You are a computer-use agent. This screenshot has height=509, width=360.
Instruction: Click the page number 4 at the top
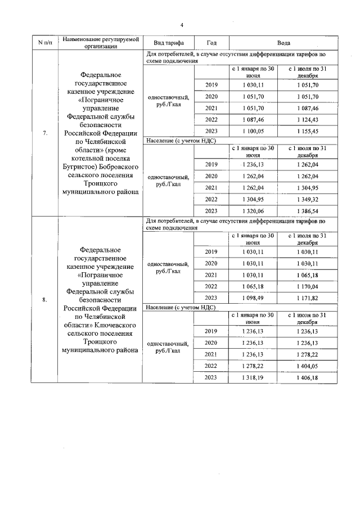(x=182, y=25)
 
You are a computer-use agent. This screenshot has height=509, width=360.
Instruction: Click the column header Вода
(x=283, y=43)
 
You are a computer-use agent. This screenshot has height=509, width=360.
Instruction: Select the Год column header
(x=211, y=43)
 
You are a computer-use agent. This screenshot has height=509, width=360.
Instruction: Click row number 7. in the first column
(x=45, y=133)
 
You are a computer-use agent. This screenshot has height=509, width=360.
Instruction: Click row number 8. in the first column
(x=45, y=299)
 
